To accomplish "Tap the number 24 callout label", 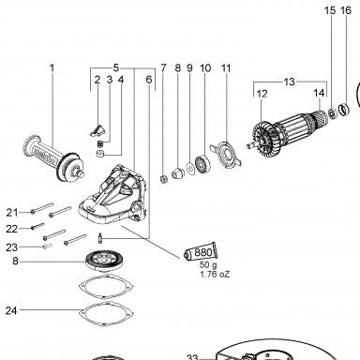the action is pos(11,310).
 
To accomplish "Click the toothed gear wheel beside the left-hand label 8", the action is pos(103,260).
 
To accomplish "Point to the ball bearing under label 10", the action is pos(202,163).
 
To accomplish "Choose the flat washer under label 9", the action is pos(190,168).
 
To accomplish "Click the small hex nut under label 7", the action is pos(163,179).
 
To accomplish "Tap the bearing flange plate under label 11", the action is pos(227,154).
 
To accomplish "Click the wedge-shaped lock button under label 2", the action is pos(98,130).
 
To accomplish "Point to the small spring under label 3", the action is pos(99,144).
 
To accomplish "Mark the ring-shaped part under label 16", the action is pos(344,109).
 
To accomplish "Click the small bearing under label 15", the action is pos(332,112).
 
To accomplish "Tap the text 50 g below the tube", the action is pos(208,265).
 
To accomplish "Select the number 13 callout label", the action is pos(290,82).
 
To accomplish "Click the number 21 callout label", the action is pos(12,213).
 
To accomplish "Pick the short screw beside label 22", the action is pos(37,226).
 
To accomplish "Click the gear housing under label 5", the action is pos(112,195).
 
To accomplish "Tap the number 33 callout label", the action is pos(192,356).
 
